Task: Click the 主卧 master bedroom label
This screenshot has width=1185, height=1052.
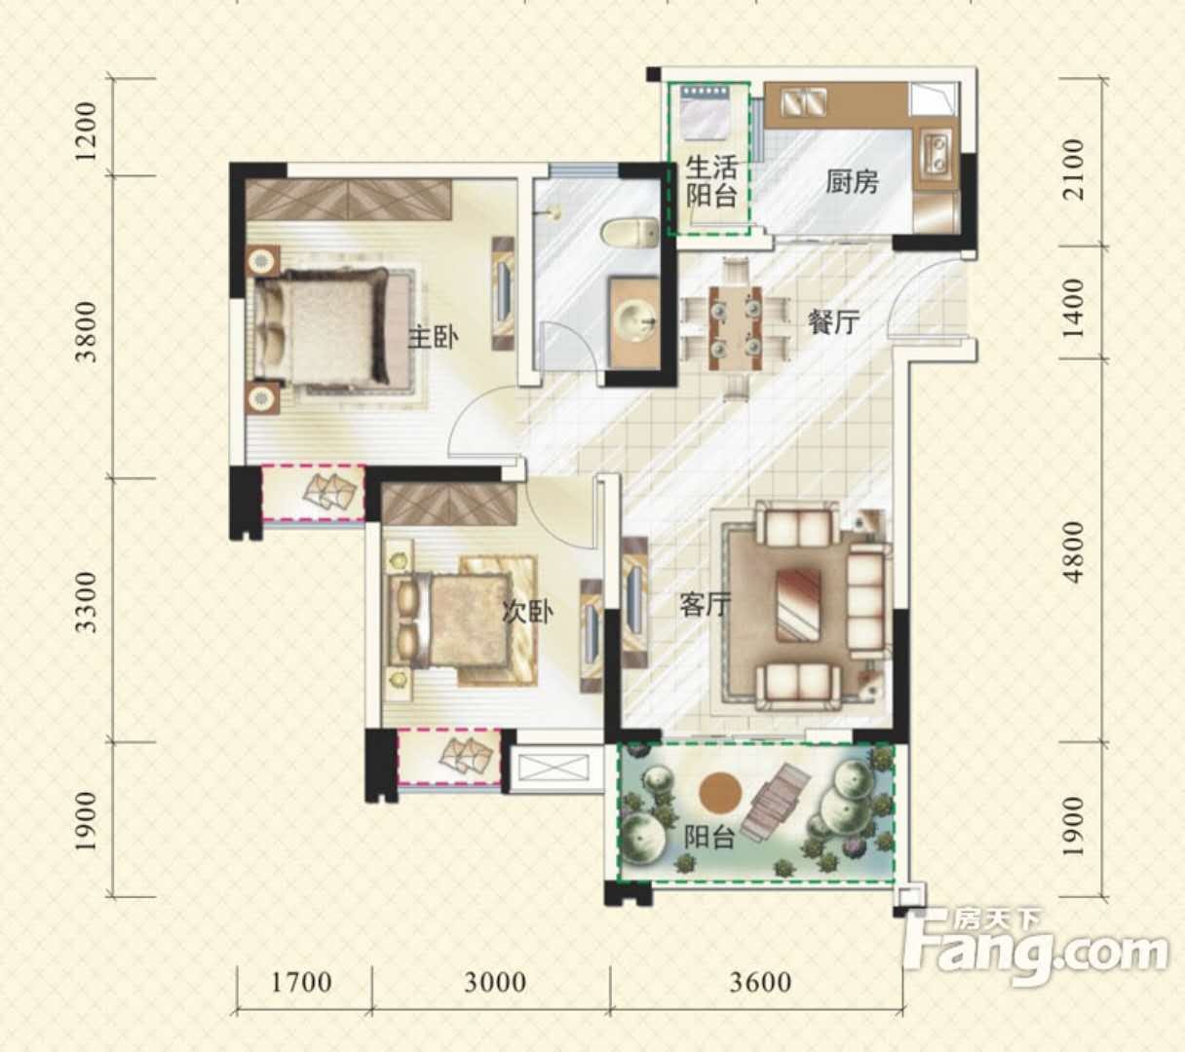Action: coord(433,338)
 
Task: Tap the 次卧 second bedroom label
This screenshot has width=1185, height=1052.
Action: coord(527,612)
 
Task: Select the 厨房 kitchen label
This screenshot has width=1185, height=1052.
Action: coord(852,182)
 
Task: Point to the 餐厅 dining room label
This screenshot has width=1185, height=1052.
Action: coord(834,321)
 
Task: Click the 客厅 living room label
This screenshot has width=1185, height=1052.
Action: coord(705,605)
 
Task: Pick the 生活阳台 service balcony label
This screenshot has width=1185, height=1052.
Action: coord(710,182)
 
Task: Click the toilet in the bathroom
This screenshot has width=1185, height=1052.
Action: coord(630,232)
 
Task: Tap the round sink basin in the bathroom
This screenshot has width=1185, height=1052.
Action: coord(634,320)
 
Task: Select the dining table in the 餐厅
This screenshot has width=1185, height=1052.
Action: coord(735,328)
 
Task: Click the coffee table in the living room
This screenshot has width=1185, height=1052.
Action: coord(798,605)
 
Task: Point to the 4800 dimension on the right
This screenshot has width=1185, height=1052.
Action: coord(1075,552)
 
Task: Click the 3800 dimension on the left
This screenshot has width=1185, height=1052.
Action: coord(87,331)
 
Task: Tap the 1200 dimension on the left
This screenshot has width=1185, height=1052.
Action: coord(87,132)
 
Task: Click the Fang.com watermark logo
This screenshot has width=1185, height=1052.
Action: coord(1035,949)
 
